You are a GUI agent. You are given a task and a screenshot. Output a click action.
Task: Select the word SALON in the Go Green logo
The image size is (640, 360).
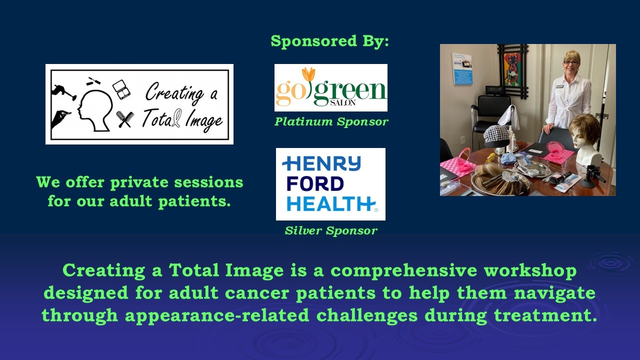coord(343,102)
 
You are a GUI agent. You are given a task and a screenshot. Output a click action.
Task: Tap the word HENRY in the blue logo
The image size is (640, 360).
coord(321,163)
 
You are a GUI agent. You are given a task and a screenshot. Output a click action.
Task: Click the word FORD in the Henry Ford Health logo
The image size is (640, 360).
coord(315,183)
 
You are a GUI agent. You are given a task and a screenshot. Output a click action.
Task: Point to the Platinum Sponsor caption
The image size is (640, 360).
coord(331,121)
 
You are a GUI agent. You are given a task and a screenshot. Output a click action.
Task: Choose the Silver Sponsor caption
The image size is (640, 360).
coord(331,230)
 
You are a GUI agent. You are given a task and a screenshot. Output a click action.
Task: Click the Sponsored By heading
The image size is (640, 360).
coord(329,41)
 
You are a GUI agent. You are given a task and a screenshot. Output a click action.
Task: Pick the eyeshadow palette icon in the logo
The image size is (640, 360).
coord(121,89)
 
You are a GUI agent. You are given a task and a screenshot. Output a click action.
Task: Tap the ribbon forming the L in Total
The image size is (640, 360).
coord(177,118)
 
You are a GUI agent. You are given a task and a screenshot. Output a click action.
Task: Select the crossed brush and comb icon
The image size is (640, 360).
coord(125,119)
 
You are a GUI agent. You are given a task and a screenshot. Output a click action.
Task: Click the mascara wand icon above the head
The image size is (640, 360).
coord(93,81)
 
